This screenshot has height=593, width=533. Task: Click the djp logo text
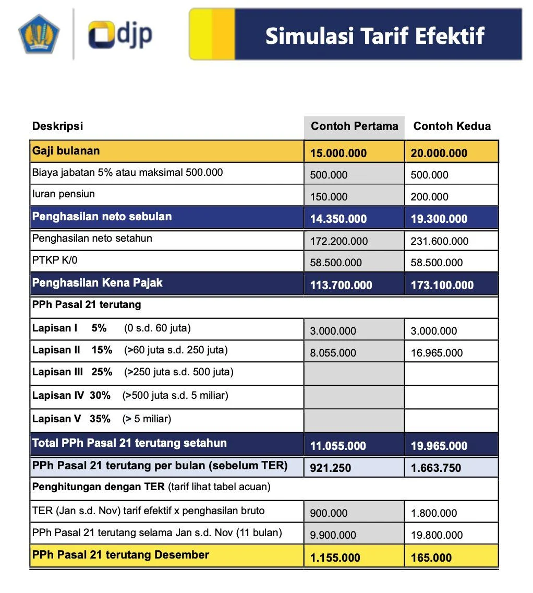[120, 34]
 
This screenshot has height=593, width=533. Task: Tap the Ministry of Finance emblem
[39, 33]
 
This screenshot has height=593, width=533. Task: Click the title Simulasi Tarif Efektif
[374, 35]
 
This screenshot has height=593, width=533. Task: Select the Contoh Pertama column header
[354, 126]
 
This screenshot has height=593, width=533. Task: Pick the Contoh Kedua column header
[452, 126]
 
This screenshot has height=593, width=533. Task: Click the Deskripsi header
[57, 126]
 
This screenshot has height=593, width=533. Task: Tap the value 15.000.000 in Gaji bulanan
[338, 153]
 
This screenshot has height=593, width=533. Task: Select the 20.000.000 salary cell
[439, 153]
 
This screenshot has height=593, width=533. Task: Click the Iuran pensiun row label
[63, 194]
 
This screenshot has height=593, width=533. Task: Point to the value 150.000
[329, 197]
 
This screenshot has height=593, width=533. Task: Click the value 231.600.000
[439, 241]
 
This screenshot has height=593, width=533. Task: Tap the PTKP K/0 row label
[54, 260]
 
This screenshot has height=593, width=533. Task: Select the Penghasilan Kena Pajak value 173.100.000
[442, 285]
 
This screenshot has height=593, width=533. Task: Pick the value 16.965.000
[437, 353]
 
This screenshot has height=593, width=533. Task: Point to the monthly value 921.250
[330, 468]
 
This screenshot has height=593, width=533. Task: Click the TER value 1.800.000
[434, 513]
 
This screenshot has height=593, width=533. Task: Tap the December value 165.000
[431, 558]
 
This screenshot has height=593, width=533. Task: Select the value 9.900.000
[333, 535]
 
